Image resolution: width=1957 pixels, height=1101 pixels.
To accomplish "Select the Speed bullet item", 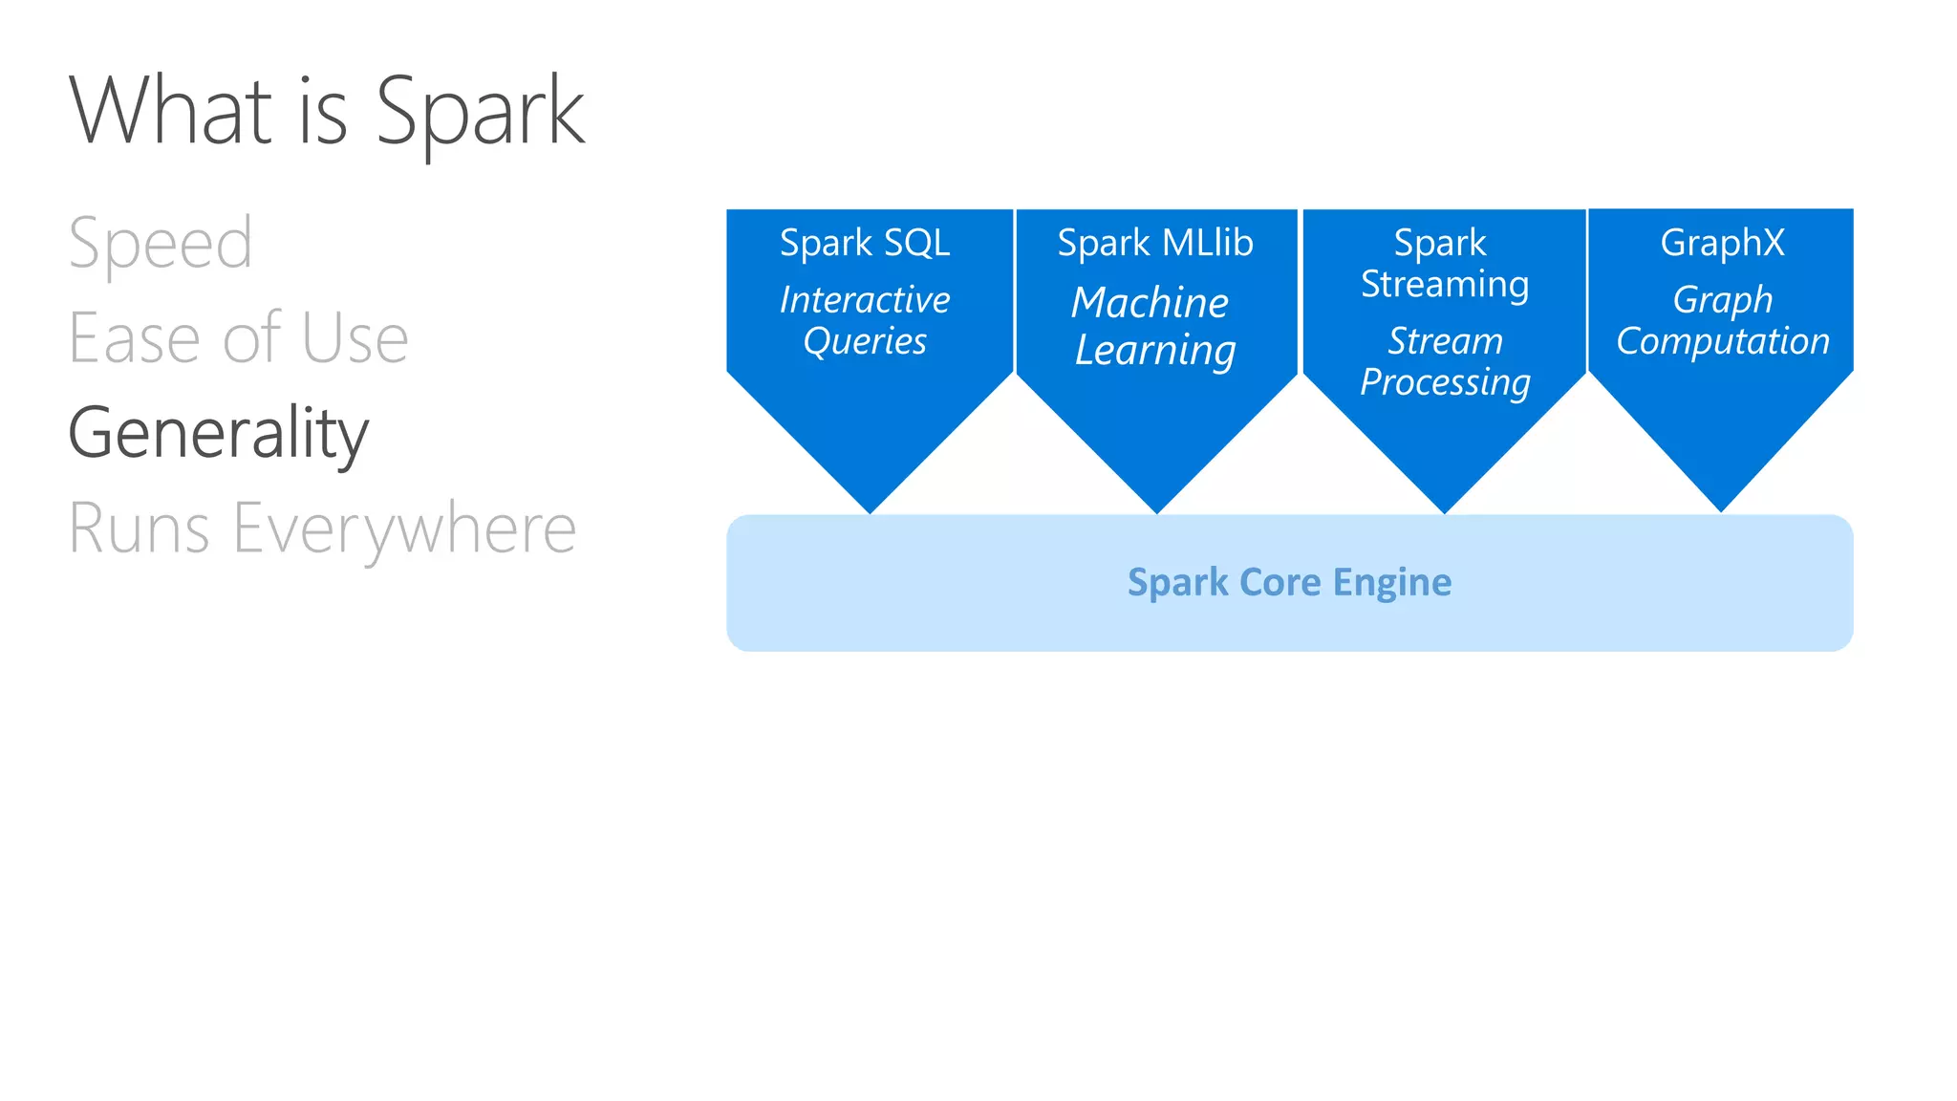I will [x=161, y=244].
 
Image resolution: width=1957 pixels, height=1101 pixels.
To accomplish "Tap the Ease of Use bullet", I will [x=238, y=338].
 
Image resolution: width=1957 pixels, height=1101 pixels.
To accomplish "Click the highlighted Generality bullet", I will [x=218, y=433].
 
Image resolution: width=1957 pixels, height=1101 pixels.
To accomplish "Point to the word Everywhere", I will [x=404, y=529].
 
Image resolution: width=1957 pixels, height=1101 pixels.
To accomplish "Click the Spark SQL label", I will [x=865, y=243].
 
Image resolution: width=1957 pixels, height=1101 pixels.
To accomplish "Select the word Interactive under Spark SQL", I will [x=865, y=300].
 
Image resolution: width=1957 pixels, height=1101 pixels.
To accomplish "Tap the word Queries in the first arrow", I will [x=865, y=341].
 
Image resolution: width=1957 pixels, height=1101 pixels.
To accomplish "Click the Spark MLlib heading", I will [x=1155, y=243].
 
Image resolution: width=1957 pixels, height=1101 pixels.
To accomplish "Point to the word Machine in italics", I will [x=1150, y=303].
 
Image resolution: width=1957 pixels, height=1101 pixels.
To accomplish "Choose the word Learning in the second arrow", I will [x=1155, y=351].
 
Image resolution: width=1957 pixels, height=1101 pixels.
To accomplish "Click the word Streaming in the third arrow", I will [x=1445, y=285].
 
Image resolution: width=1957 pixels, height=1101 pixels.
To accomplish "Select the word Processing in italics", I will [x=1445, y=382].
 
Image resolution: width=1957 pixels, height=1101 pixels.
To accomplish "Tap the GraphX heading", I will [x=1722, y=243].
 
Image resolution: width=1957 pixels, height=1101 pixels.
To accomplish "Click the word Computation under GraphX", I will [x=1722, y=341].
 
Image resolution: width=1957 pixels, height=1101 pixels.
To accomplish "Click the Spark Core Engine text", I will [x=1289, y=582].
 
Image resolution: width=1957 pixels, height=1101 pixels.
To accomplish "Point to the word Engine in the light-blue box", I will [x=1391, y=582].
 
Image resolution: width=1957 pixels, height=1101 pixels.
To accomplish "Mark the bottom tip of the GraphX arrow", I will [x=1721, y=508].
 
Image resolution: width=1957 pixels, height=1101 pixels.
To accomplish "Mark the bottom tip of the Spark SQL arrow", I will [x=871, y=509].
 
